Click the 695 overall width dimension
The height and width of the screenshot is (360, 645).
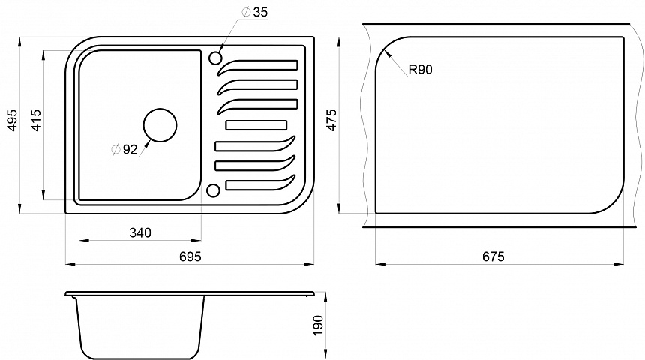(x=190, y=256)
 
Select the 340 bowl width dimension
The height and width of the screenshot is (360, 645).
(x=140, y=232)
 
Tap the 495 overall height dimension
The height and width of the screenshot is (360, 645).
(x=13, y=120)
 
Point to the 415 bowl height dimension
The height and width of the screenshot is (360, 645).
(x=36, y=120)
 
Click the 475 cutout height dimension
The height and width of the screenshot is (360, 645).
(x=331, y=120)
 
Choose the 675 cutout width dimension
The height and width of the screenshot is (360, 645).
(x=493, y=256)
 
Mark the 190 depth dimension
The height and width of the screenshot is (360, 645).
(x=318, y=325)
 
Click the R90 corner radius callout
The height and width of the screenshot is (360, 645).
(x=421, y=70)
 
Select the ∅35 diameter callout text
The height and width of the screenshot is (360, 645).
(x=255, y=12)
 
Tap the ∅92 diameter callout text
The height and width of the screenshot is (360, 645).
(x=124, y=149)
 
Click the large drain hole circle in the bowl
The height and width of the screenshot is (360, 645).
(x=160, y=125)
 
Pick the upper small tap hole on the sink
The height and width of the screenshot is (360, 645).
(x=215, y=58)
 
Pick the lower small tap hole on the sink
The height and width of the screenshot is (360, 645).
(x=213, y=190)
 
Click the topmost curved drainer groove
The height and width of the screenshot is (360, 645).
(x=257, y=66)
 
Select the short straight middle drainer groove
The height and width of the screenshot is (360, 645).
(x=256, y=125)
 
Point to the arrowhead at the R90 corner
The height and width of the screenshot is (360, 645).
(x=385, y=52)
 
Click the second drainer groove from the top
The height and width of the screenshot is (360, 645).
(x=257, y=85)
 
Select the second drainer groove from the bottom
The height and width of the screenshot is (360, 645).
(x=256, y=163)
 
